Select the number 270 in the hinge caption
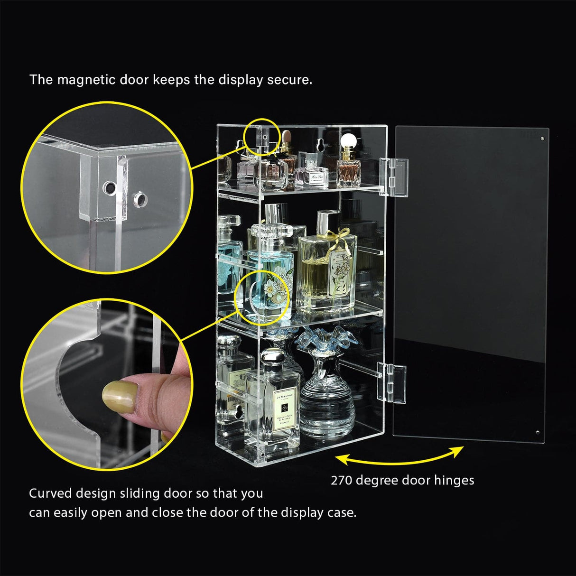341,480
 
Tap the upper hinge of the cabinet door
393,177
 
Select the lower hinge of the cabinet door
392,383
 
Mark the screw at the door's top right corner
542,139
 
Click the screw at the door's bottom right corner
537,432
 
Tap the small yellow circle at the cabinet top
261,136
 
